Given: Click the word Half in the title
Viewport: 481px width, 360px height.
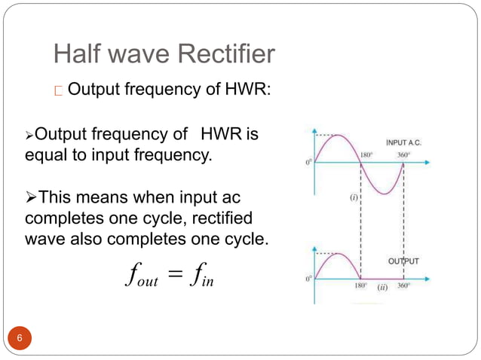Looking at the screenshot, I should click(x=78, y=53).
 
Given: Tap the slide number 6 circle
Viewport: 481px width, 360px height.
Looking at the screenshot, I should click(x=20, y=337).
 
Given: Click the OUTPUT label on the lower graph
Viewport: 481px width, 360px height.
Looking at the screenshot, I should click(x=403, y=261).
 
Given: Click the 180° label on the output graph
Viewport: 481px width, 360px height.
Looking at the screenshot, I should click(x=362, y=286).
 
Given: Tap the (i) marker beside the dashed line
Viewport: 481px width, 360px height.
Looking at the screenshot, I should click(x=353, y=197).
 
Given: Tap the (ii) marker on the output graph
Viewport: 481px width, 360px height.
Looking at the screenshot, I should click(x=382, y=286).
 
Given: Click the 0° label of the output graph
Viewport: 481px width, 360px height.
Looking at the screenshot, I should click(x=309, y=278).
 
